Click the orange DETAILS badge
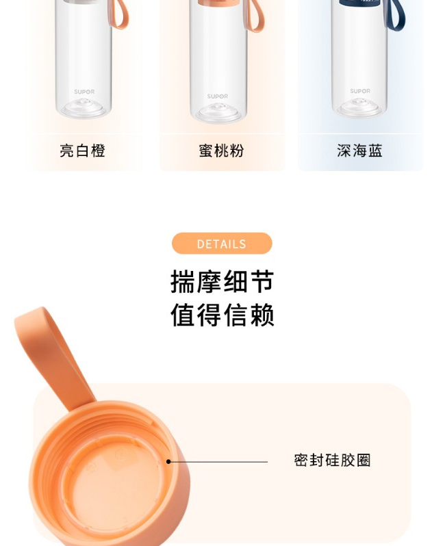click(222, 244)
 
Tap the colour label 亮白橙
click(82, 151)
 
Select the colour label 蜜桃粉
click(221, 151)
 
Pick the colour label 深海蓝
click(359, 151)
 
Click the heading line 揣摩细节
click(222, 281)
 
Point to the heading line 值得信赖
click(222, 315)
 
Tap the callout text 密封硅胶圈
click(332, 460)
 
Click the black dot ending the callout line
click(168, 462)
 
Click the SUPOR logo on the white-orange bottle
click(84, 92)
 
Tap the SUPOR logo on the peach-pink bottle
click(218, 96)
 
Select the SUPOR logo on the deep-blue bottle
click(360, 91)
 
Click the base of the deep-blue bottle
click(360, 107)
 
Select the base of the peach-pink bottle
click(218, 113)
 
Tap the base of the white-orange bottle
click(84, 108)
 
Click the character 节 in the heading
click(262, 281)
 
